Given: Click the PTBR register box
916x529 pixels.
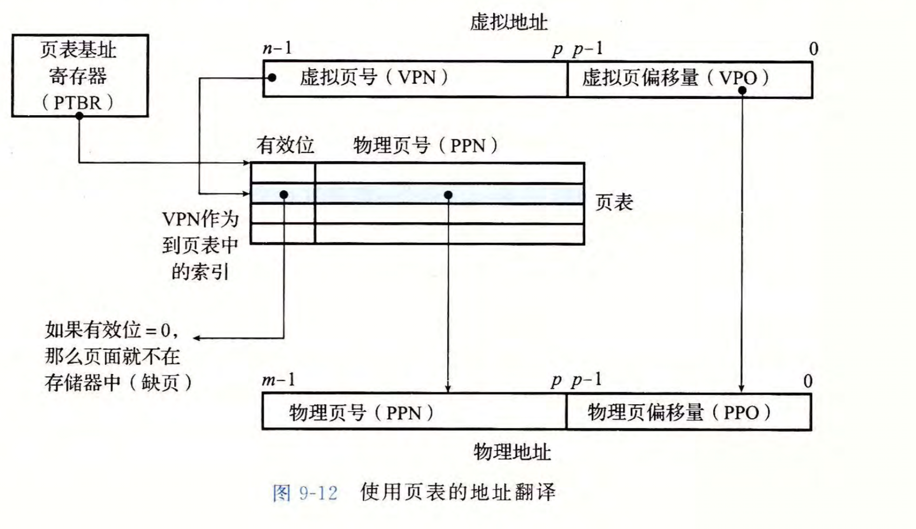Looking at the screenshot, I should (x=79, y=75).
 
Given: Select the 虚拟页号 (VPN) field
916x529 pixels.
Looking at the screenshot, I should (x=415, y=78).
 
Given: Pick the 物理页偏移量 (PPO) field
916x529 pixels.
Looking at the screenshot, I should (x=688, y=412).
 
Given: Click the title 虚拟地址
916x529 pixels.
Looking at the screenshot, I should (x=508, y=22).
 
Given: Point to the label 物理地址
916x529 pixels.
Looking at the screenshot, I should (x=512, y=452).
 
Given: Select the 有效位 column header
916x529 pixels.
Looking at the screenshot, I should (x=285, y=145).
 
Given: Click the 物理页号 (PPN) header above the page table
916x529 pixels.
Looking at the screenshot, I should (x=426, y=145).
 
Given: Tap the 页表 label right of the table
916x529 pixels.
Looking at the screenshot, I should (x=614, y=202).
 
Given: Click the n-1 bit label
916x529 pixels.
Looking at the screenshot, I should (x=277, y=49).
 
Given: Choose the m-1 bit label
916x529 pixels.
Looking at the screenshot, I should (x=278, y=380).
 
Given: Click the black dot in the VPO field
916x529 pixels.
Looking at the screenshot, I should (x=742, y=90).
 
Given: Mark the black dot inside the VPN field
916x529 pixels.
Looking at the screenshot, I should (x=272, y=78).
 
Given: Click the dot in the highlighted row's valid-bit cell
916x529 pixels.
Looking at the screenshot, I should (x=284, y=195).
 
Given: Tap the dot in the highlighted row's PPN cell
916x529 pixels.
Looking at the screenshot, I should (x=448, y=195).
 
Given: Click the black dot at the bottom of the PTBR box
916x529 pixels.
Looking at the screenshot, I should (x=79, y=116).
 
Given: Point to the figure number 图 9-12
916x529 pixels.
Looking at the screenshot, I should (x=305, y=493).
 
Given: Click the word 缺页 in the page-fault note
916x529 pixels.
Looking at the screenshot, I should (x=160, y=383).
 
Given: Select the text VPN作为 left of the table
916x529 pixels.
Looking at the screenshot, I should (x=200, y=219).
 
